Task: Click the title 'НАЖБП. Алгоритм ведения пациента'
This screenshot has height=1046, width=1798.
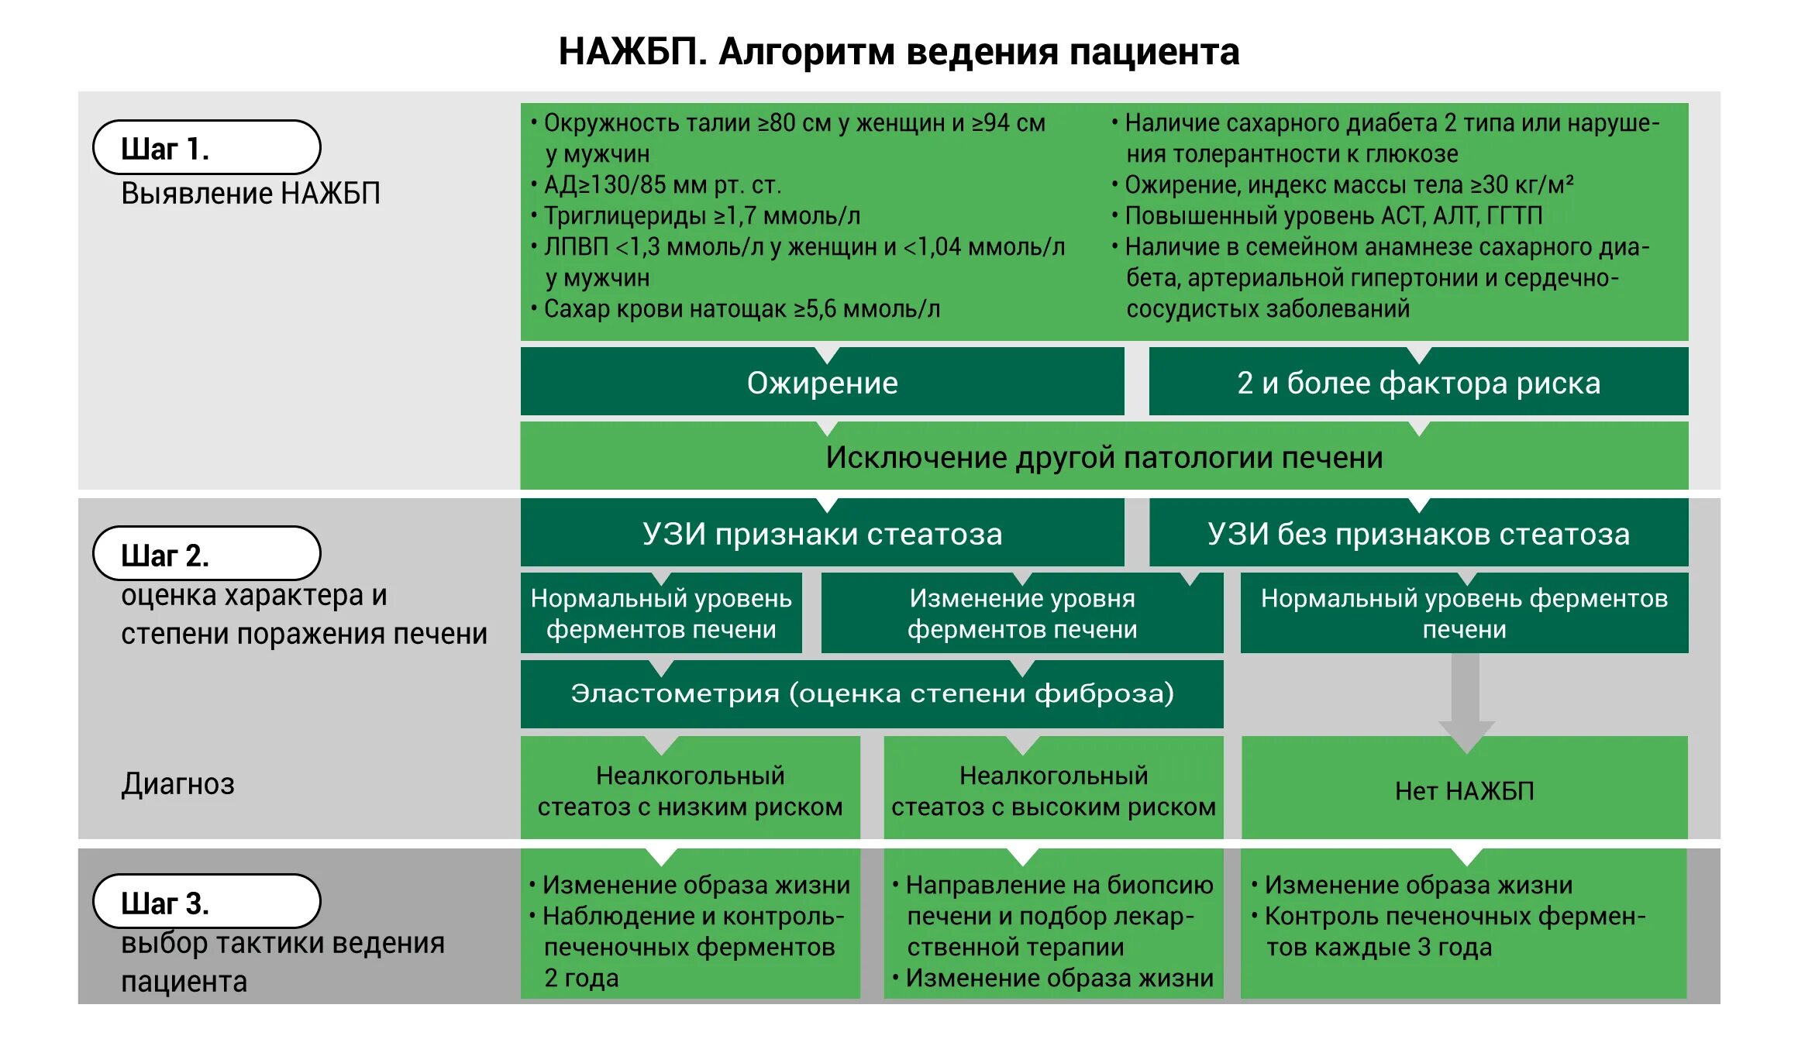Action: click(x=898, y=53)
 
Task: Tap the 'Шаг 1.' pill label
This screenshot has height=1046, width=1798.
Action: click(x=206, y=147)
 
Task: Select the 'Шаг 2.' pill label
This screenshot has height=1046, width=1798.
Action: click(x=206, y=554)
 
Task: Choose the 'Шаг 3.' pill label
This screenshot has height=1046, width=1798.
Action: click(x=206, y=902)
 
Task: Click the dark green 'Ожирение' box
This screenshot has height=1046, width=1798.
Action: click(x=822, y=383)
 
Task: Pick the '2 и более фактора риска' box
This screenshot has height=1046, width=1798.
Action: click(x=1418, y=383)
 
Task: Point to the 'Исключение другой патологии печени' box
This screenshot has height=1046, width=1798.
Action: click(x=1104, y=457)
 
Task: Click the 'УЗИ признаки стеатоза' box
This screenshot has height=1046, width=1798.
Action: click(x=822, y=534)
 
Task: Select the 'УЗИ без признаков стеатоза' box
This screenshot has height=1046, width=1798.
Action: click(x=1418, y=534)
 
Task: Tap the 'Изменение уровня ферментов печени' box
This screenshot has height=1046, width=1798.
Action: click(x=1022, y=614)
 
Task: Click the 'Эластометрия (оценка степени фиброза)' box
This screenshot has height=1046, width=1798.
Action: click(x=872, y=693)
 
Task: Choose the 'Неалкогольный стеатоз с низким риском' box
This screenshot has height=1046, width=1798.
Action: click(x=690, y=790)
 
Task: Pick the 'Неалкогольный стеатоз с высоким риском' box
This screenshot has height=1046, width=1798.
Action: click(x=1053, y=790)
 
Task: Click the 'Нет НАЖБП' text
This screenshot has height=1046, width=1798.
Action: click(x=1464, y=790)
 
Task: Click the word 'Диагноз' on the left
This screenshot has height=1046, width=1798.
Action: click(x=177, y=784)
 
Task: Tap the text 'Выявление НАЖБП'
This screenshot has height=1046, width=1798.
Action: click(x=250, y=194)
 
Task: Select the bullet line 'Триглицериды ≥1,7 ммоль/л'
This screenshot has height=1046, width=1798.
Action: click(x=701, y=215)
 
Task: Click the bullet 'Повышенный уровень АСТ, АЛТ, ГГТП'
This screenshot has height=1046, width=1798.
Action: click(x=1333, y=215)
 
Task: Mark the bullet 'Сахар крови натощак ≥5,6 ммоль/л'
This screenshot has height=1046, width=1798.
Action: click(x=742, y=308)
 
